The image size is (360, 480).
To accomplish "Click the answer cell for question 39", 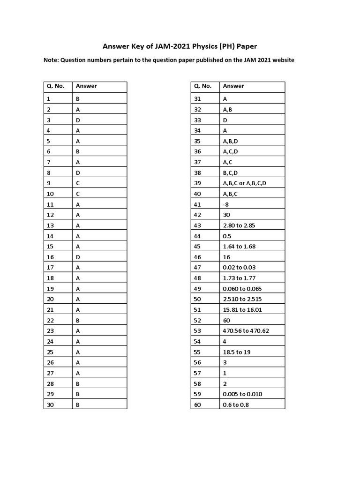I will pyautogui.click(x=245, y=183).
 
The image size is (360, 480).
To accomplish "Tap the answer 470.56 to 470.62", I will pyautogui.click(x=246, y=331).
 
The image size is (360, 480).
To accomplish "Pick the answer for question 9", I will pyautogui.click(x=78, y=183).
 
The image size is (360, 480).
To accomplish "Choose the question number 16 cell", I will pyautogui.click(x=51, y=257).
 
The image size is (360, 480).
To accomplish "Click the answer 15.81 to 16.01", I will pyautogui.click(x=242, y=310).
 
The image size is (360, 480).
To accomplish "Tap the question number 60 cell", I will pyautogui.click(x=197, y=405).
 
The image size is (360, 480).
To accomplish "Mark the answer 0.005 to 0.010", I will pyautogui.click(x=242, y=394).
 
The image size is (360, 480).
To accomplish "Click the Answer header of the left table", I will pyautogui.click(x=86, y=86).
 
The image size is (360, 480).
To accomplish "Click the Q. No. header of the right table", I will pyautogui.click(x=202, y=86).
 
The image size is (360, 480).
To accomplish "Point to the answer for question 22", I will pyautogui.click(x=78, y=320).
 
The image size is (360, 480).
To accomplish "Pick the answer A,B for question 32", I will pyautogui.click(x=228, y=109).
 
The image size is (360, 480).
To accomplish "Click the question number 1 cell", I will pyautogui.click(x=49, y=99).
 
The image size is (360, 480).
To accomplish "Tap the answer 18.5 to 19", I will pyautogui.click(x=237, y=352).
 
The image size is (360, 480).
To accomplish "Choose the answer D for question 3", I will pyautogui.click(x=78, y=120).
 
